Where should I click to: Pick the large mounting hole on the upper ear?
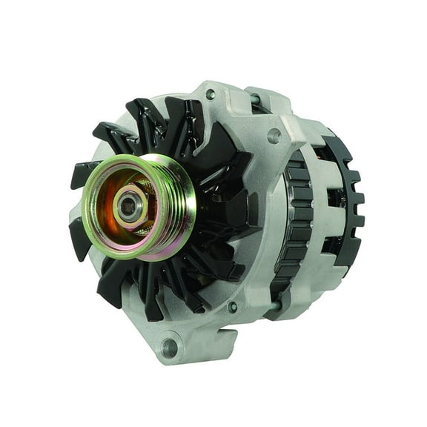[274, 136]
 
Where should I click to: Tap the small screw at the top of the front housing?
[211, 94]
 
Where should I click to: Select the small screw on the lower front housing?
[232, 307]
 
